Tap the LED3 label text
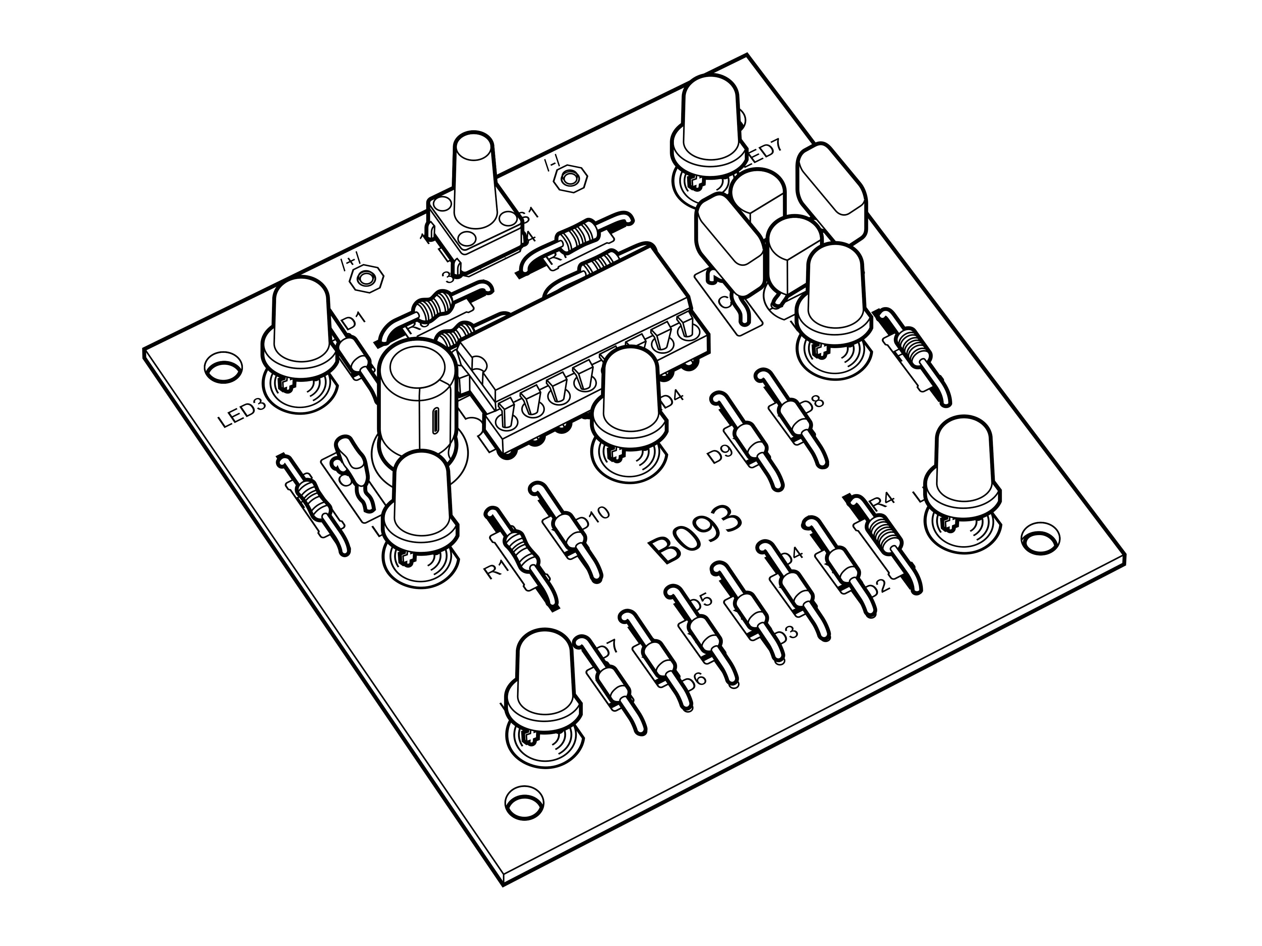(x=243, y=415)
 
